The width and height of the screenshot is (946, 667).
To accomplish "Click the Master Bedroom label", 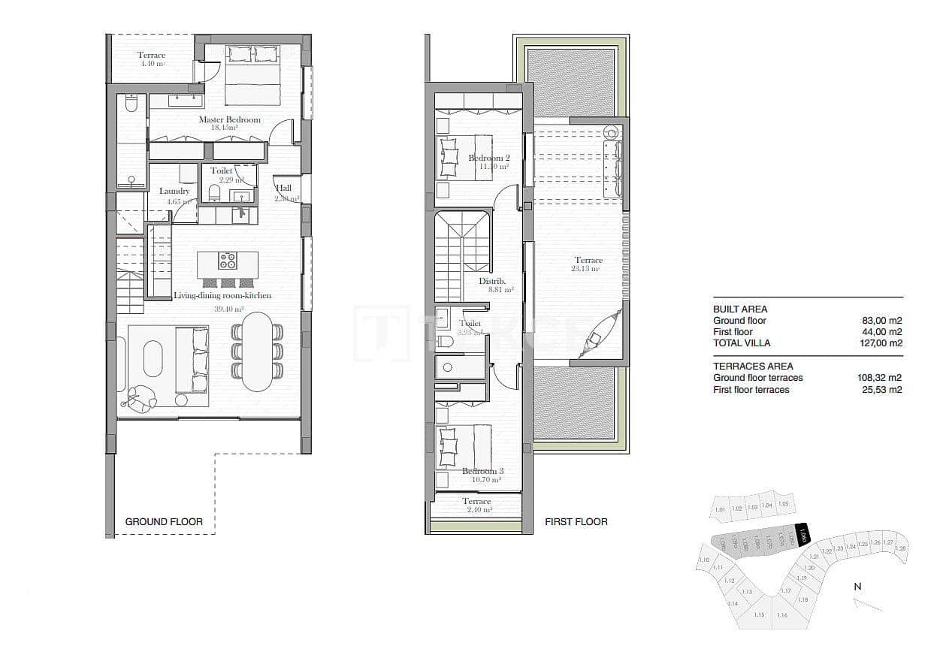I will tap(229, 120).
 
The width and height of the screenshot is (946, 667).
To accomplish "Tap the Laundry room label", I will tap(174, 192).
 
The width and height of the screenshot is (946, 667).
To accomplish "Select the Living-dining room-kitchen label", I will tap(222, 296).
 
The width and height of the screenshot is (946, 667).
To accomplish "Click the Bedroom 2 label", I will tap(489, 158).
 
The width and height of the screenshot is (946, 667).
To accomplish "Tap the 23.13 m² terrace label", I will tap(588, 261).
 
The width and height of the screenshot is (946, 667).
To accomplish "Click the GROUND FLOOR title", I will tap(164, 521).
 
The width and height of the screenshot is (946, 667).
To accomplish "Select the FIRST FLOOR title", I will tap(576, 521).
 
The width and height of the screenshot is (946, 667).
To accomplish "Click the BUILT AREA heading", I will tap(740, 309).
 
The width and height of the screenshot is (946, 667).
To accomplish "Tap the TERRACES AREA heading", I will tap(753, 367).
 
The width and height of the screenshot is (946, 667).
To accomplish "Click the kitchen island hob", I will tap(227, 261).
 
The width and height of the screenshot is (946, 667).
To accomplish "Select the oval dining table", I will tap(258, 351).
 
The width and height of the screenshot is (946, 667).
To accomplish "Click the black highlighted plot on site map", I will tap(802, 534).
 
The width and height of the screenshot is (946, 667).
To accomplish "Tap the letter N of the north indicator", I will tap(857, 587).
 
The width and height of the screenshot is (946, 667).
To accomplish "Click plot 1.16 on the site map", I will tap(782, 615).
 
